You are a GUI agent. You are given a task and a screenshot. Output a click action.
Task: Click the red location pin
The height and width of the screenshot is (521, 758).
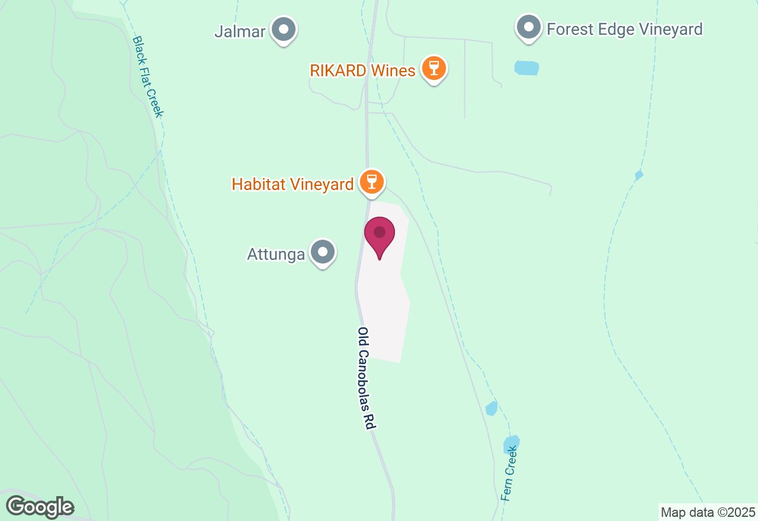click(380, 236)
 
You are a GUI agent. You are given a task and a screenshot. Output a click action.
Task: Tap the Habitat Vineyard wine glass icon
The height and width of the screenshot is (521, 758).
click(372, 182)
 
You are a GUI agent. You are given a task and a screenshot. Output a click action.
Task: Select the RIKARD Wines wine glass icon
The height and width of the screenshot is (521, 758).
click(434, 68)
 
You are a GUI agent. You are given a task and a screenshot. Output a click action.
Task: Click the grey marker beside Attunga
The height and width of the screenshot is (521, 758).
click(323, 252)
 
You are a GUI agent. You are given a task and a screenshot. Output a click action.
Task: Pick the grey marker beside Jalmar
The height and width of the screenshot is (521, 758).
click(284, 29)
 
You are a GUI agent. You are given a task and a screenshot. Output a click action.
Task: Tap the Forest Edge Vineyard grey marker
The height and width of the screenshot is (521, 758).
click(528, 27)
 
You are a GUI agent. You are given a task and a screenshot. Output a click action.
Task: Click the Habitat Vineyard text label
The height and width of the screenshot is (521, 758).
click(293, 184)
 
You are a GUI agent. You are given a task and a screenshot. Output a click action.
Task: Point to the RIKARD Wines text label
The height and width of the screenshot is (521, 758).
click(362, 71)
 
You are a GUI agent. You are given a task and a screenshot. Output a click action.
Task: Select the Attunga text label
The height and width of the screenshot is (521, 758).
click(276, 255)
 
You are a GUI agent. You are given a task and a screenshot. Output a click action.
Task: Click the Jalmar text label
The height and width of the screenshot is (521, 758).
click(240, 31)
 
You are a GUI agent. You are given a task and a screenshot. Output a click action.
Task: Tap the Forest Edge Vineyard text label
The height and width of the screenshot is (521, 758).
click(624, 29)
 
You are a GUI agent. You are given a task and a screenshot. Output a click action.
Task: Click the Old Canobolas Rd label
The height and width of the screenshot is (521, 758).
click(367, 378)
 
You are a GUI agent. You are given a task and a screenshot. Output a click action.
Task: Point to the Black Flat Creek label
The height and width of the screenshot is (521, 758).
click(147, 76)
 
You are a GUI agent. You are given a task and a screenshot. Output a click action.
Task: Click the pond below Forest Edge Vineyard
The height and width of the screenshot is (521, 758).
click(526, 68)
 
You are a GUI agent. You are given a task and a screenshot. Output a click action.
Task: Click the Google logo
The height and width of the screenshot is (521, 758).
click(40, 507)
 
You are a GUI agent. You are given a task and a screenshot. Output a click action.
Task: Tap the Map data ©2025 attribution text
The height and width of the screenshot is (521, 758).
click(708, 512)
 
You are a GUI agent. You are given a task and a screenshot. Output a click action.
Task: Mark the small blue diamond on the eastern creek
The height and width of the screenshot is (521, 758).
click(638, 175)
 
